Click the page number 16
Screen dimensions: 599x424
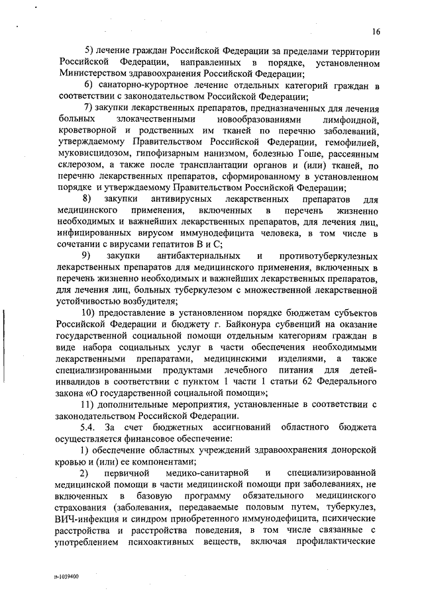(376, 31)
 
